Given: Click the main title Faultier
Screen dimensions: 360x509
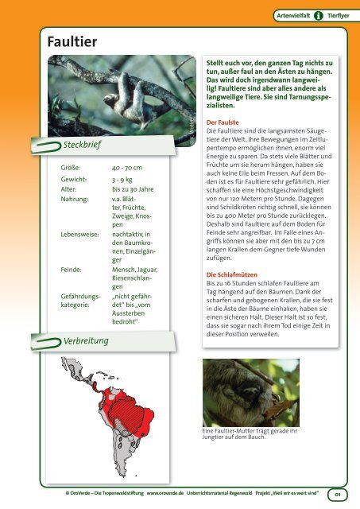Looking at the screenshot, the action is [48, 40].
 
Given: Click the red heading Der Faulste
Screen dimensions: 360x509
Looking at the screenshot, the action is [225, 115].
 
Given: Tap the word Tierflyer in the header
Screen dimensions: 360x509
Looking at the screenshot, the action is [338, 14].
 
